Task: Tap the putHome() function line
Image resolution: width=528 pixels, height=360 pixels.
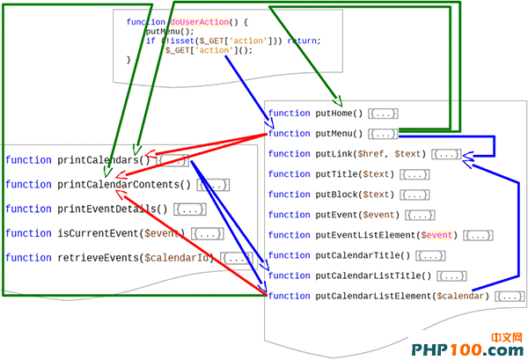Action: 317,114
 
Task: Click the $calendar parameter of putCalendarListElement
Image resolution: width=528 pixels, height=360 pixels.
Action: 461,296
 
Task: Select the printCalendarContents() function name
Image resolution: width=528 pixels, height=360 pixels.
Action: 124,184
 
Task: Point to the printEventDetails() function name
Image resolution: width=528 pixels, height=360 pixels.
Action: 112,209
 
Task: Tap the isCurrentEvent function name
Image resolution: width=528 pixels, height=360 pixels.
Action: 98,233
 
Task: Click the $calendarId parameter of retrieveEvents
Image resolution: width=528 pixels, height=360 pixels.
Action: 180,258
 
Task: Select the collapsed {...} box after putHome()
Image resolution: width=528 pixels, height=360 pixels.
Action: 384,114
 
